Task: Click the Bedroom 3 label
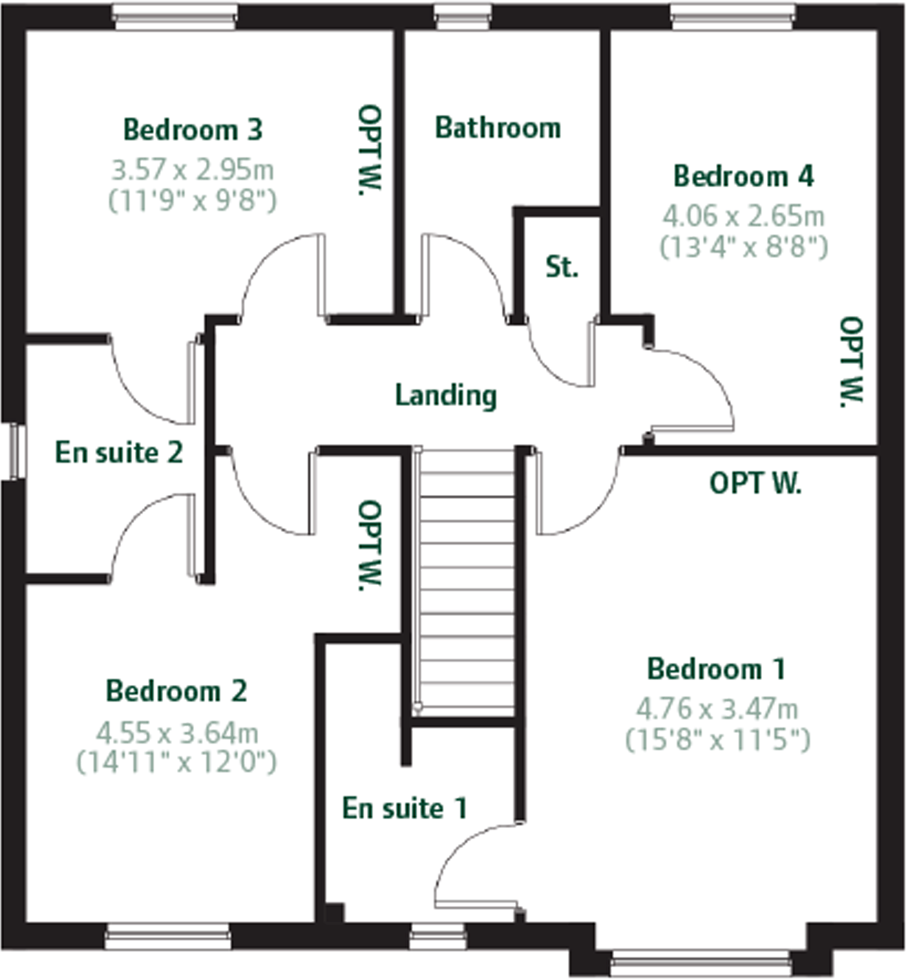(193, 130)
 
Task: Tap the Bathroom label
(498, 128)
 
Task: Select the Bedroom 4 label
(743, 176)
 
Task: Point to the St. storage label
(562, 268)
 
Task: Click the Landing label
(445, 395)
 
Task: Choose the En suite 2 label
(119, 452)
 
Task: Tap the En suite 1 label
(404, 808)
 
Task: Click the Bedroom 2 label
(176, 691)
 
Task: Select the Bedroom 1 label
(716, 669)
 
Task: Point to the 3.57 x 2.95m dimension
(193, 170)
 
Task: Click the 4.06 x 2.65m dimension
(743, 216)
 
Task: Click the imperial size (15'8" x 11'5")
(717, 740)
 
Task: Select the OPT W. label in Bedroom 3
(369, 149)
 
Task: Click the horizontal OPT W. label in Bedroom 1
(755, 483)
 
